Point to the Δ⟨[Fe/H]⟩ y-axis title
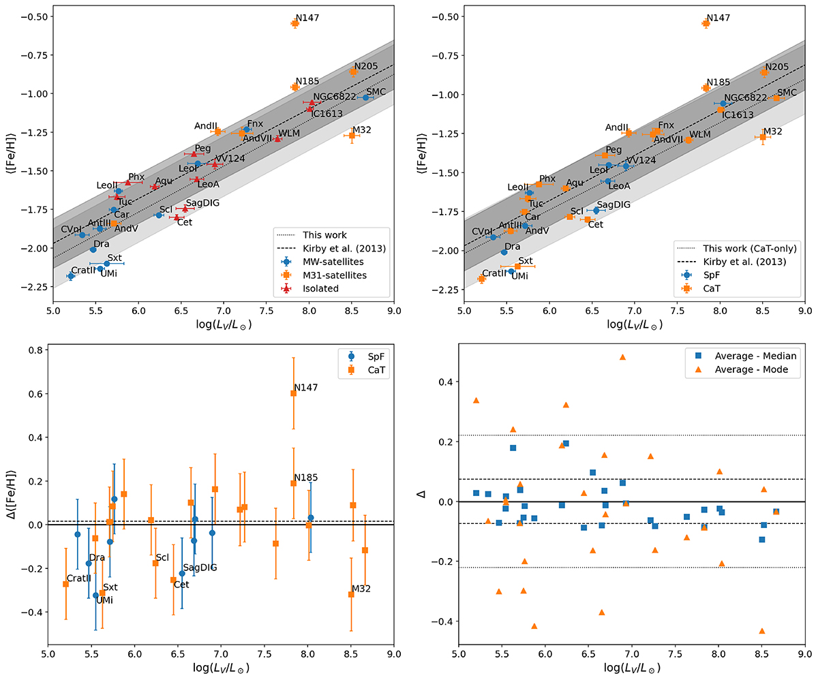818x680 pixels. [x=12, y=502]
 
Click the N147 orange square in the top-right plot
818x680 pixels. [x=706, y=23]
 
